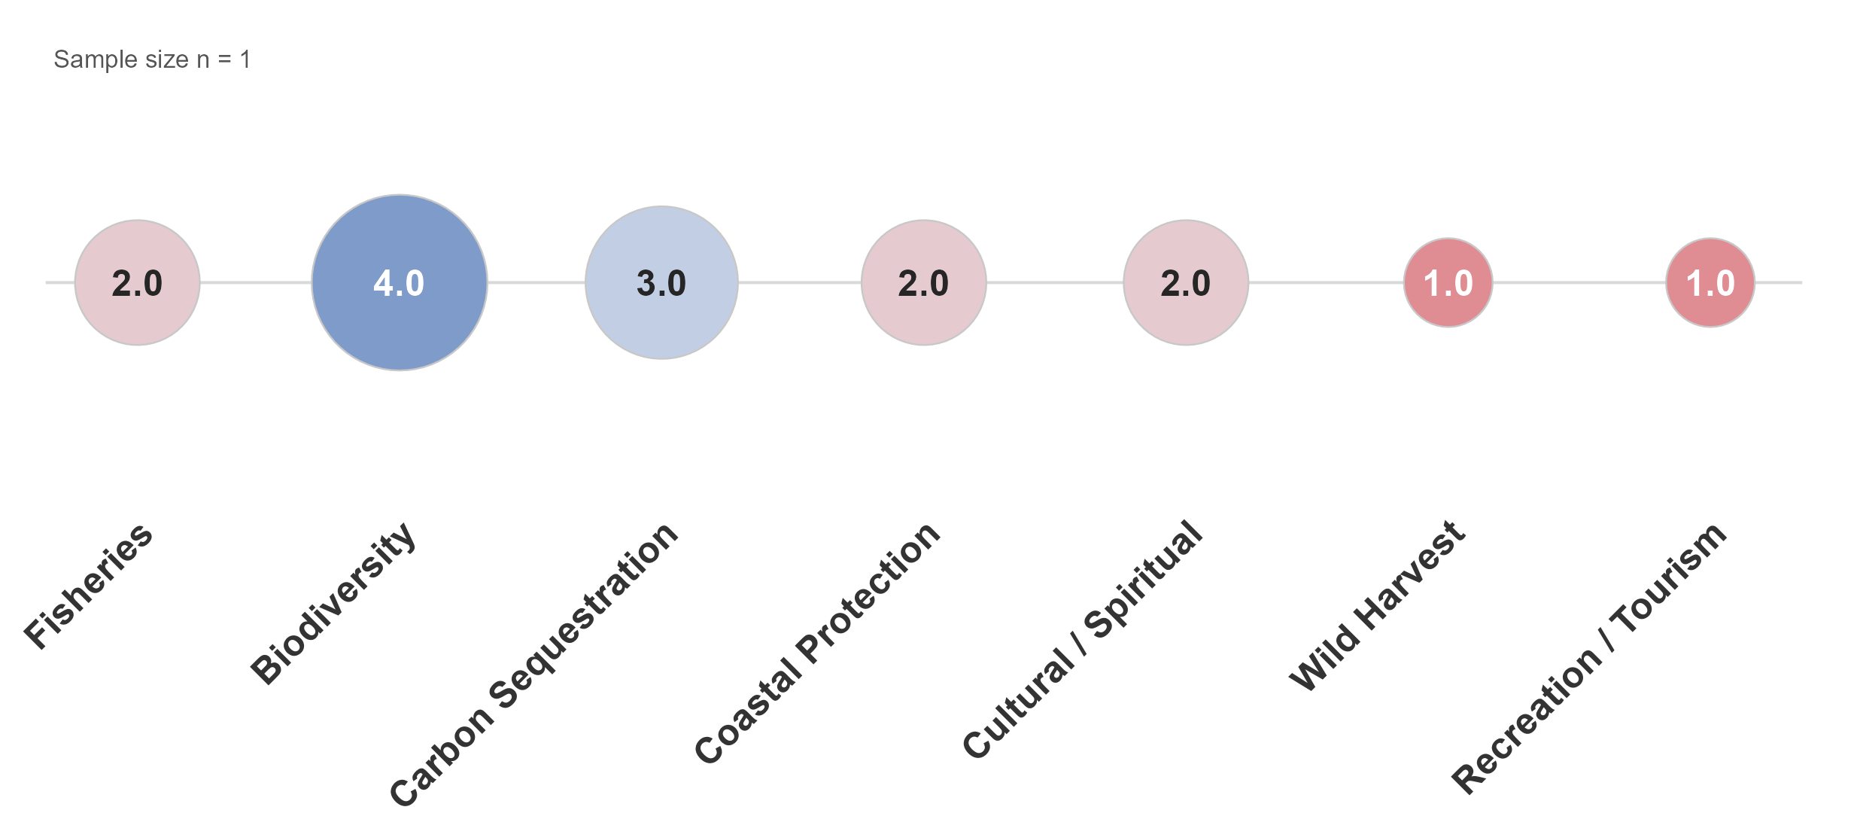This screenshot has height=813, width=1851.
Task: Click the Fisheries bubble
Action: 137,282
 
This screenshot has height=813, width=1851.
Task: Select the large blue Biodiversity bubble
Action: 400,282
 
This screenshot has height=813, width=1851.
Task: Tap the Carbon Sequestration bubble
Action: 661,282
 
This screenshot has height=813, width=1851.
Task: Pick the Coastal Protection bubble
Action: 924,282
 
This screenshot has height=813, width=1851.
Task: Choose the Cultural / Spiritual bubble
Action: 1186,282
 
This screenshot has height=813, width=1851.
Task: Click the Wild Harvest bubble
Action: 1448,282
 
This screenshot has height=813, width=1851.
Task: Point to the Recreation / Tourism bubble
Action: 1710,282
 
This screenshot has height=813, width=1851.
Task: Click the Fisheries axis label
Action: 89,585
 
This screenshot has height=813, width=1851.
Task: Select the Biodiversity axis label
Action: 333,602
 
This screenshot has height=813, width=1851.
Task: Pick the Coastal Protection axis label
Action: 817,642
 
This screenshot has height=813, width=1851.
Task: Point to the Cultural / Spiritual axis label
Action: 1083,639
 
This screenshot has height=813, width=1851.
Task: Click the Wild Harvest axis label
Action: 1378,605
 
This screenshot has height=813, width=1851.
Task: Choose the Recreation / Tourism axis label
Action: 1589,658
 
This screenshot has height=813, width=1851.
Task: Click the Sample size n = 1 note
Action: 152,59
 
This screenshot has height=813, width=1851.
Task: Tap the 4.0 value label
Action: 400,284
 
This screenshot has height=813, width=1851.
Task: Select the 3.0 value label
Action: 661,284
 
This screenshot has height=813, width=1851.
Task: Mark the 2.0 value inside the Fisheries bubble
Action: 137,284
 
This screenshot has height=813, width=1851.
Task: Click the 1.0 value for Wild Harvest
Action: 1448,284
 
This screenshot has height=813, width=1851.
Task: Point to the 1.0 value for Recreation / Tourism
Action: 1710,284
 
